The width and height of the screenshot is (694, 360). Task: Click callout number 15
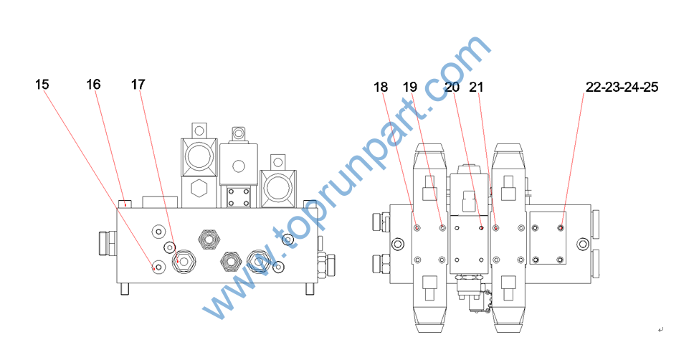click(x=42, y=85)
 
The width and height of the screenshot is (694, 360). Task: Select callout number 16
click(x=93, y=85)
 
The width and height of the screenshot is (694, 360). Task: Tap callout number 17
click(x=138, y=85)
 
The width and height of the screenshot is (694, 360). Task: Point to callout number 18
click(x=380, y=87)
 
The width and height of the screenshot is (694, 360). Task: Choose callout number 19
click(x=409, y=87)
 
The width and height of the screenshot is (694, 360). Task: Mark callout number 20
click(x=452, y=87)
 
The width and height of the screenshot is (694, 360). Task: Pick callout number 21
click(x=476, y=87)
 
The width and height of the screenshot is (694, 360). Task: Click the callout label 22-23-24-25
click(x=622, y=87)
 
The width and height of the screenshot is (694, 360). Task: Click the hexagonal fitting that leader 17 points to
click(x=183, y=262)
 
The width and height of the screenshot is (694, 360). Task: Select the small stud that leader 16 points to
click(x=125, y=203)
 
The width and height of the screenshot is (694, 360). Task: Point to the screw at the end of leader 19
click(x=442, y=228)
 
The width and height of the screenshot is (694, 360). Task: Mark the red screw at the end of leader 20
click(x=481, y=228)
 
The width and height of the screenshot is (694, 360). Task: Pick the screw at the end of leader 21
click(x=495, y=228)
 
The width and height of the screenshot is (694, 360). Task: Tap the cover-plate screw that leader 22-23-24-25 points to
click(x=560, y=228)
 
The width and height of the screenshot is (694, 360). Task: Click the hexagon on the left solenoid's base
click(x=199, y=189)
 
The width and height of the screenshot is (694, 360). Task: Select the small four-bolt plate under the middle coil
click(x=239, y=199)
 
